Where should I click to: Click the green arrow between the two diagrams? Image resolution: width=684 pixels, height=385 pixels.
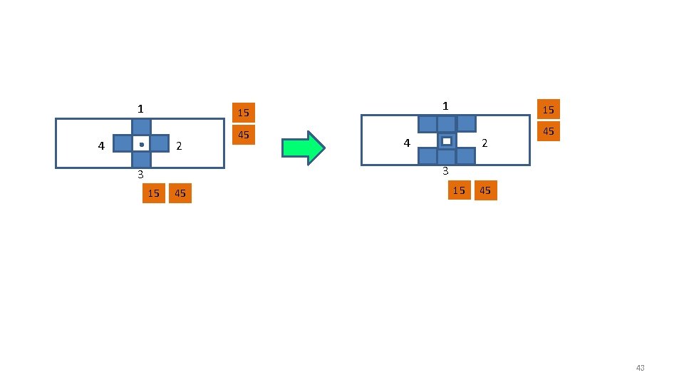point(304,148)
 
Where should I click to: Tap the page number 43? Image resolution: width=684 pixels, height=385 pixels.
point(639,368)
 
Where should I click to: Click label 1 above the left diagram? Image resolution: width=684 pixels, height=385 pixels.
point(141,109)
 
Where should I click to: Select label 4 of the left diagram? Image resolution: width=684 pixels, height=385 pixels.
point(101,146)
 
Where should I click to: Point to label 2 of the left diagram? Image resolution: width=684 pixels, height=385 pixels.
point(179,146)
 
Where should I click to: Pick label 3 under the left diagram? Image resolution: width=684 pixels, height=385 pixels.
point(141,174)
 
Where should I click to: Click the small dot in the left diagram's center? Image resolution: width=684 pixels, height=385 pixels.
point(141,145)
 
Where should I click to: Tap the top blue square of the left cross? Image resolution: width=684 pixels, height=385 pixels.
point(141,127)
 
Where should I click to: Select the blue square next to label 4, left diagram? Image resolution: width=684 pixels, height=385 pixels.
point(123,144)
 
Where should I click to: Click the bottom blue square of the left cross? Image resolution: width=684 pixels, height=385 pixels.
point(141,160)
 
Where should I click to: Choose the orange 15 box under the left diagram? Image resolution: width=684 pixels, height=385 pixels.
point(153,193)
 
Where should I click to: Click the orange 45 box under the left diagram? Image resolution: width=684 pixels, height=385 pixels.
point(180,193)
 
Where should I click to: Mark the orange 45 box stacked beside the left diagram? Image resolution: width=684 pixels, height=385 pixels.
point(243,135)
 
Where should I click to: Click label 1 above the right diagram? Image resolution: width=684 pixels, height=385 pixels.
point(445,106)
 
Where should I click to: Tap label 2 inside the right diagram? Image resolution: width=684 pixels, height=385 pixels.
point(484,143)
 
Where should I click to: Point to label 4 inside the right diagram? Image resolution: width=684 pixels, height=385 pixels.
point(407,143)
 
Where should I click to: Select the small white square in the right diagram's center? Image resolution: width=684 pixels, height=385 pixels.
point(447,141)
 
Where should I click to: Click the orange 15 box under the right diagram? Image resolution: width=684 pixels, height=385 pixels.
point(460,190)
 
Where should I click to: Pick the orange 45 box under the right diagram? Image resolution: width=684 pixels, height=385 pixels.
point(485,190)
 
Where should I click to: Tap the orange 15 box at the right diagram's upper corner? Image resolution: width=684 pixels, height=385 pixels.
point(548,109)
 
